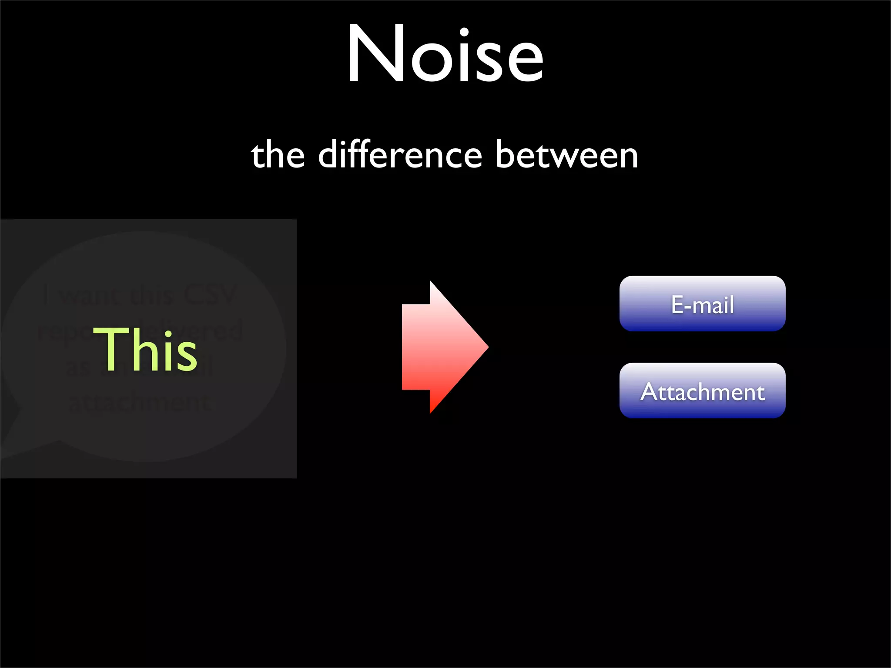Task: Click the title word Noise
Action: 445,54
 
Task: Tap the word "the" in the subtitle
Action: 278,156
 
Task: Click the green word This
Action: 145,350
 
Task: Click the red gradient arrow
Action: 439,347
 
